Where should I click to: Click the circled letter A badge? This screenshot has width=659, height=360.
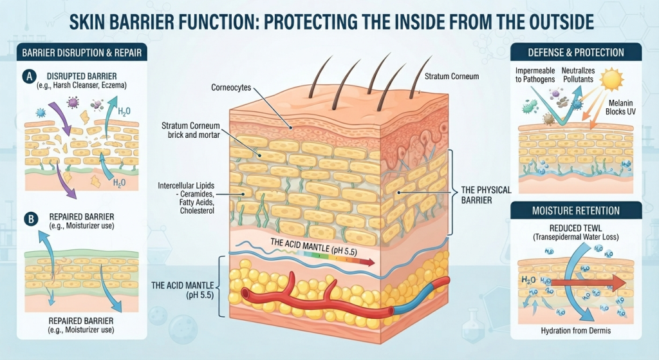click(x=29, y=77)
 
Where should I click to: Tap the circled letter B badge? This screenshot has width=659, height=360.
click(x=31, y=219)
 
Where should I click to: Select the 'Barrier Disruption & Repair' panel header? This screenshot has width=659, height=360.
click(x=82, y=53)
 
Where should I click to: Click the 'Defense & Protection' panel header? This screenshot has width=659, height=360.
click(x=576, y=53)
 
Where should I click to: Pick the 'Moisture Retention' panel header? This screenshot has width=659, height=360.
click(x=576, y=211)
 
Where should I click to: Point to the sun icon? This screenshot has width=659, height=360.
click(x=611, y=79)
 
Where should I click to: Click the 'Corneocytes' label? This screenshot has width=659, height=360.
click(x=231, y=88)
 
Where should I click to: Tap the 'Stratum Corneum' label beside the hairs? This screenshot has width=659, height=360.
click(x=452, y=77)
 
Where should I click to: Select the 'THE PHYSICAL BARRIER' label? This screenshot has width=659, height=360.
click(x=487, y=194)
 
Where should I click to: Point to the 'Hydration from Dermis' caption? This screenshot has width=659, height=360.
click(x=576, y=330)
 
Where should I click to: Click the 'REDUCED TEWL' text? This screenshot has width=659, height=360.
click(x=575, y=229)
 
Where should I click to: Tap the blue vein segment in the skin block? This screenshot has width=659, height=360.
click(x=420, y=296)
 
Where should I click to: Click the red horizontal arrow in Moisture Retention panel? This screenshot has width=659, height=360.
click(x=588, y=283)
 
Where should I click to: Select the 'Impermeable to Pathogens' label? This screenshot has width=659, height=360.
click(x=535, y=75)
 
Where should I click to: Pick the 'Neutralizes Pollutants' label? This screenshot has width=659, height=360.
click(x=579, y=75)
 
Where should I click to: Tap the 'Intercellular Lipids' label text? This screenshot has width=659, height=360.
click(x=186, y=185)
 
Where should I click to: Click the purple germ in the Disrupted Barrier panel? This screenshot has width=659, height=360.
click(x=73, y=102)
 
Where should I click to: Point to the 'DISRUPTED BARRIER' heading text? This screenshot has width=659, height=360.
click(x=82, y=77)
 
